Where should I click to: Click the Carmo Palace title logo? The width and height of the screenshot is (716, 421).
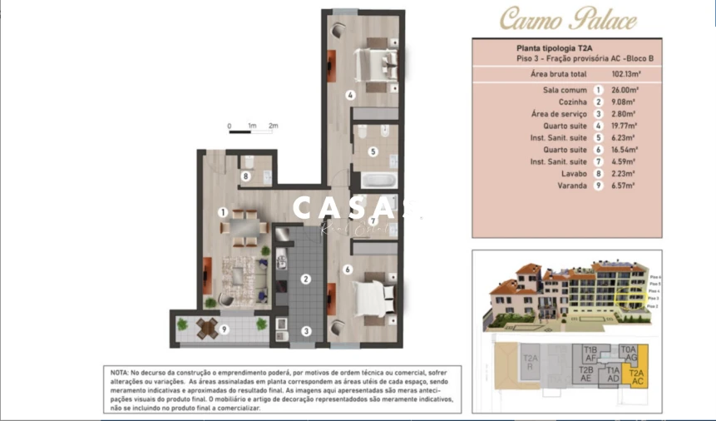point(568,19)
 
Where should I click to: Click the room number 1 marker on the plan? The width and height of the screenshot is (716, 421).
point(223,212)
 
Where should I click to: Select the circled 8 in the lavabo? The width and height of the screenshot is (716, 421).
point(245,176)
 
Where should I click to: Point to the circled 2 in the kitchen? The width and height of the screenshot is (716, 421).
point(306,280)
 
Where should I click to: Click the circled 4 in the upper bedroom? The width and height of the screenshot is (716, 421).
point(351,96)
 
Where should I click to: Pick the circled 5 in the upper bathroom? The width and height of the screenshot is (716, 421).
point(373,151)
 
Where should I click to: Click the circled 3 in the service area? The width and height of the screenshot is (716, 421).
point(306,331)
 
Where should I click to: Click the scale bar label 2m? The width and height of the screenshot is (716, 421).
point(273,126)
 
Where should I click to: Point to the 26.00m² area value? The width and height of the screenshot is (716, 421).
point(624,90)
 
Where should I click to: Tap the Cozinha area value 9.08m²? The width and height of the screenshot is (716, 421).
point(624,102)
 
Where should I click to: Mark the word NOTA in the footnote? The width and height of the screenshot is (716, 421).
point(119,372)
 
